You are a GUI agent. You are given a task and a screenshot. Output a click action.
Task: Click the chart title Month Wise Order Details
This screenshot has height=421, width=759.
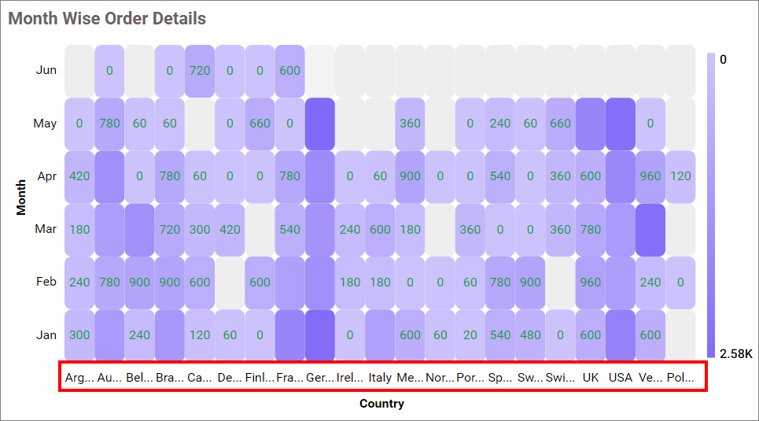(107, 18)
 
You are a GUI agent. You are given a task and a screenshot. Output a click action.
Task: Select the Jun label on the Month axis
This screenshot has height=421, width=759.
(46, 70)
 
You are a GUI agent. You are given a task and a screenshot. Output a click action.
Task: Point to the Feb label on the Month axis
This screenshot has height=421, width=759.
(46, 282)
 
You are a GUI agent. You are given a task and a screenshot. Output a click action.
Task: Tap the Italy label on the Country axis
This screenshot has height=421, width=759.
(380, 378)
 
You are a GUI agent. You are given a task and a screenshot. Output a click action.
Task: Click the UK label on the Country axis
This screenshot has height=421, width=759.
(591, 378)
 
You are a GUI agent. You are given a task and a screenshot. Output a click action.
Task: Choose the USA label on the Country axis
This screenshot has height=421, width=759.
(621, 378)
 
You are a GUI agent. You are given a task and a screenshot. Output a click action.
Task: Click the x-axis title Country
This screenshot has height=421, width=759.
(381, 404)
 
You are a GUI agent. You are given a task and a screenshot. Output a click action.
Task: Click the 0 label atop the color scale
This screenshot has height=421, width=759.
(723, 60)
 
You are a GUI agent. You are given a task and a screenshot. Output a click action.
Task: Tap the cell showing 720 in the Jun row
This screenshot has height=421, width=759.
(200, 70)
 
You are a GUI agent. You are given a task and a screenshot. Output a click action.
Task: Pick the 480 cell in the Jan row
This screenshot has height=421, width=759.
(530, 334)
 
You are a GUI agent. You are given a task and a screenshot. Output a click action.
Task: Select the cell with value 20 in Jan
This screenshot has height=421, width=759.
(470, 334)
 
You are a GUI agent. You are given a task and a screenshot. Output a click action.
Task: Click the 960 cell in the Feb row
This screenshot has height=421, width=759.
(590, 282)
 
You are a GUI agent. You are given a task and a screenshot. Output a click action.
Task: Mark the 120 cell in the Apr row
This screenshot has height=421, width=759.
(680, 176)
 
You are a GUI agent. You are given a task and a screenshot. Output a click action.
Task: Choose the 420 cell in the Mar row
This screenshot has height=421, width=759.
(230, 229)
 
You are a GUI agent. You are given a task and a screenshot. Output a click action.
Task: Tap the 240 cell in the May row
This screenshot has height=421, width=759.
(500, 124)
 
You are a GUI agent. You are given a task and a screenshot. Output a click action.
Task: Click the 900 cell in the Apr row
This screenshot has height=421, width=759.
(410, 176)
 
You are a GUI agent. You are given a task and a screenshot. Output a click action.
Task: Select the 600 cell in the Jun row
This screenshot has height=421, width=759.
(290, 70)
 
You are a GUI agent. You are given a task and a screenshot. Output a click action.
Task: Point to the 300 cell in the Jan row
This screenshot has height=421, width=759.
(79, 334)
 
